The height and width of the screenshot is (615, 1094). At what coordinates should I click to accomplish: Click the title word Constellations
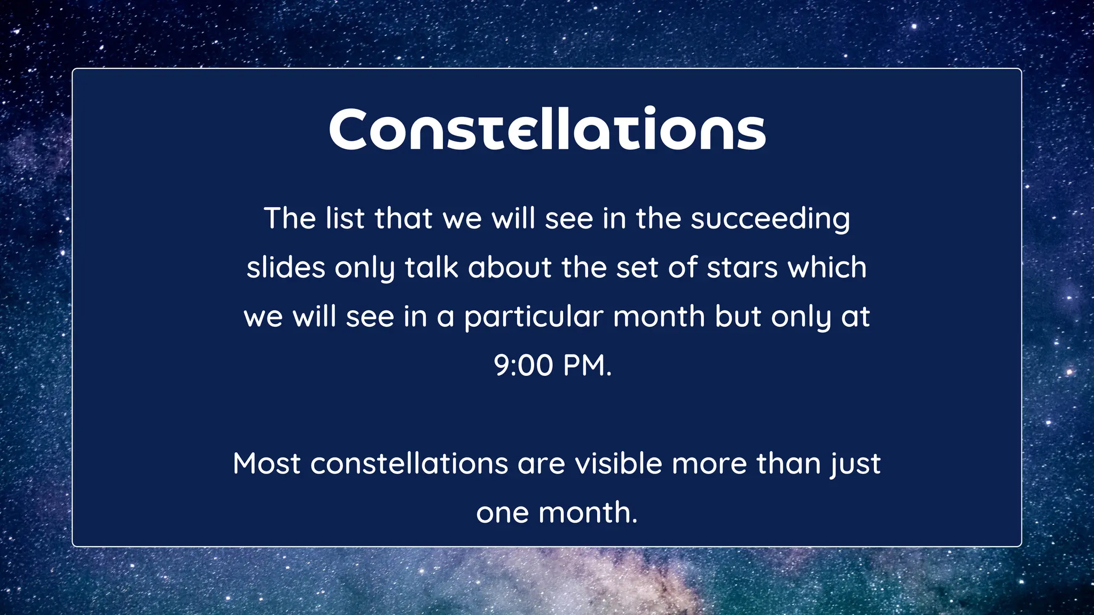coord(547,130)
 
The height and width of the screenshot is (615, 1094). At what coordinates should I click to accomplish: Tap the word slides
coord(286,267)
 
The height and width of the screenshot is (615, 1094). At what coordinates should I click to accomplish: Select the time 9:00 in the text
coord(523,366)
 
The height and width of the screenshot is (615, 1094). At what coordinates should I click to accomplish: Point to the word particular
coord(533,317)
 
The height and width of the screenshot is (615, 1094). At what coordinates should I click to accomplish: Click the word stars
coord(742,267)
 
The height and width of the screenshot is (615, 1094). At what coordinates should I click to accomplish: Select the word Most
coord(267,463)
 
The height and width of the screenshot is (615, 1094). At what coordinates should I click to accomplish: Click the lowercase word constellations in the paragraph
coord(409,463)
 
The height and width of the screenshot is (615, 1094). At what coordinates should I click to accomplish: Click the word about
coord(510,267)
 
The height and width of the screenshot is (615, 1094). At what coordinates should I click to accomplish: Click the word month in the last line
coord(588,513)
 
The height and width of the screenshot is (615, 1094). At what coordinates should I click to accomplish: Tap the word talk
coord(431,267)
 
